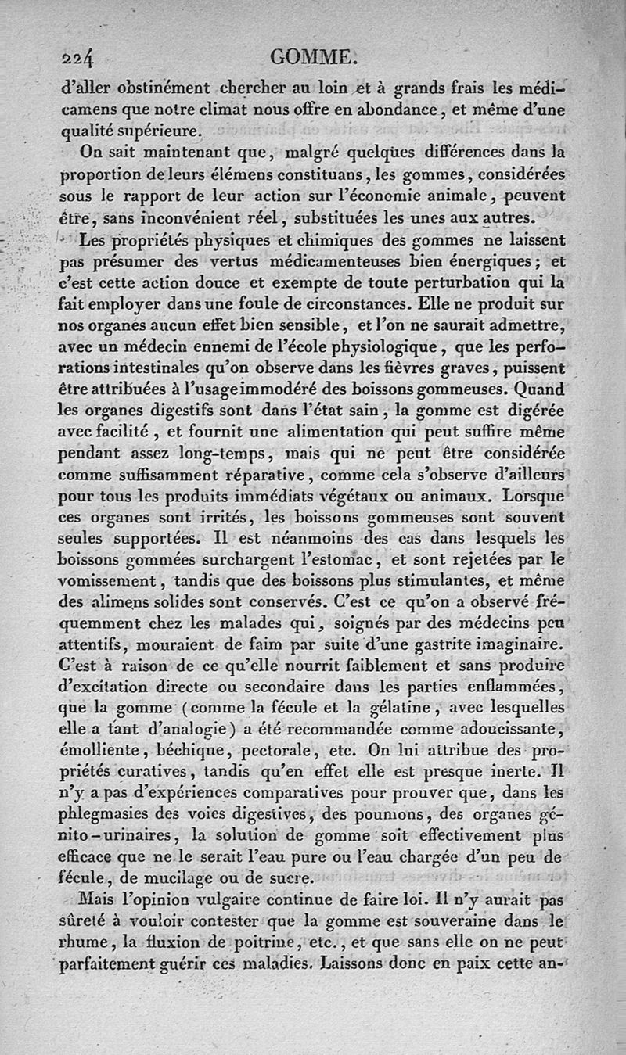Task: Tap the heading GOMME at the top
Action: [312, 56]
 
